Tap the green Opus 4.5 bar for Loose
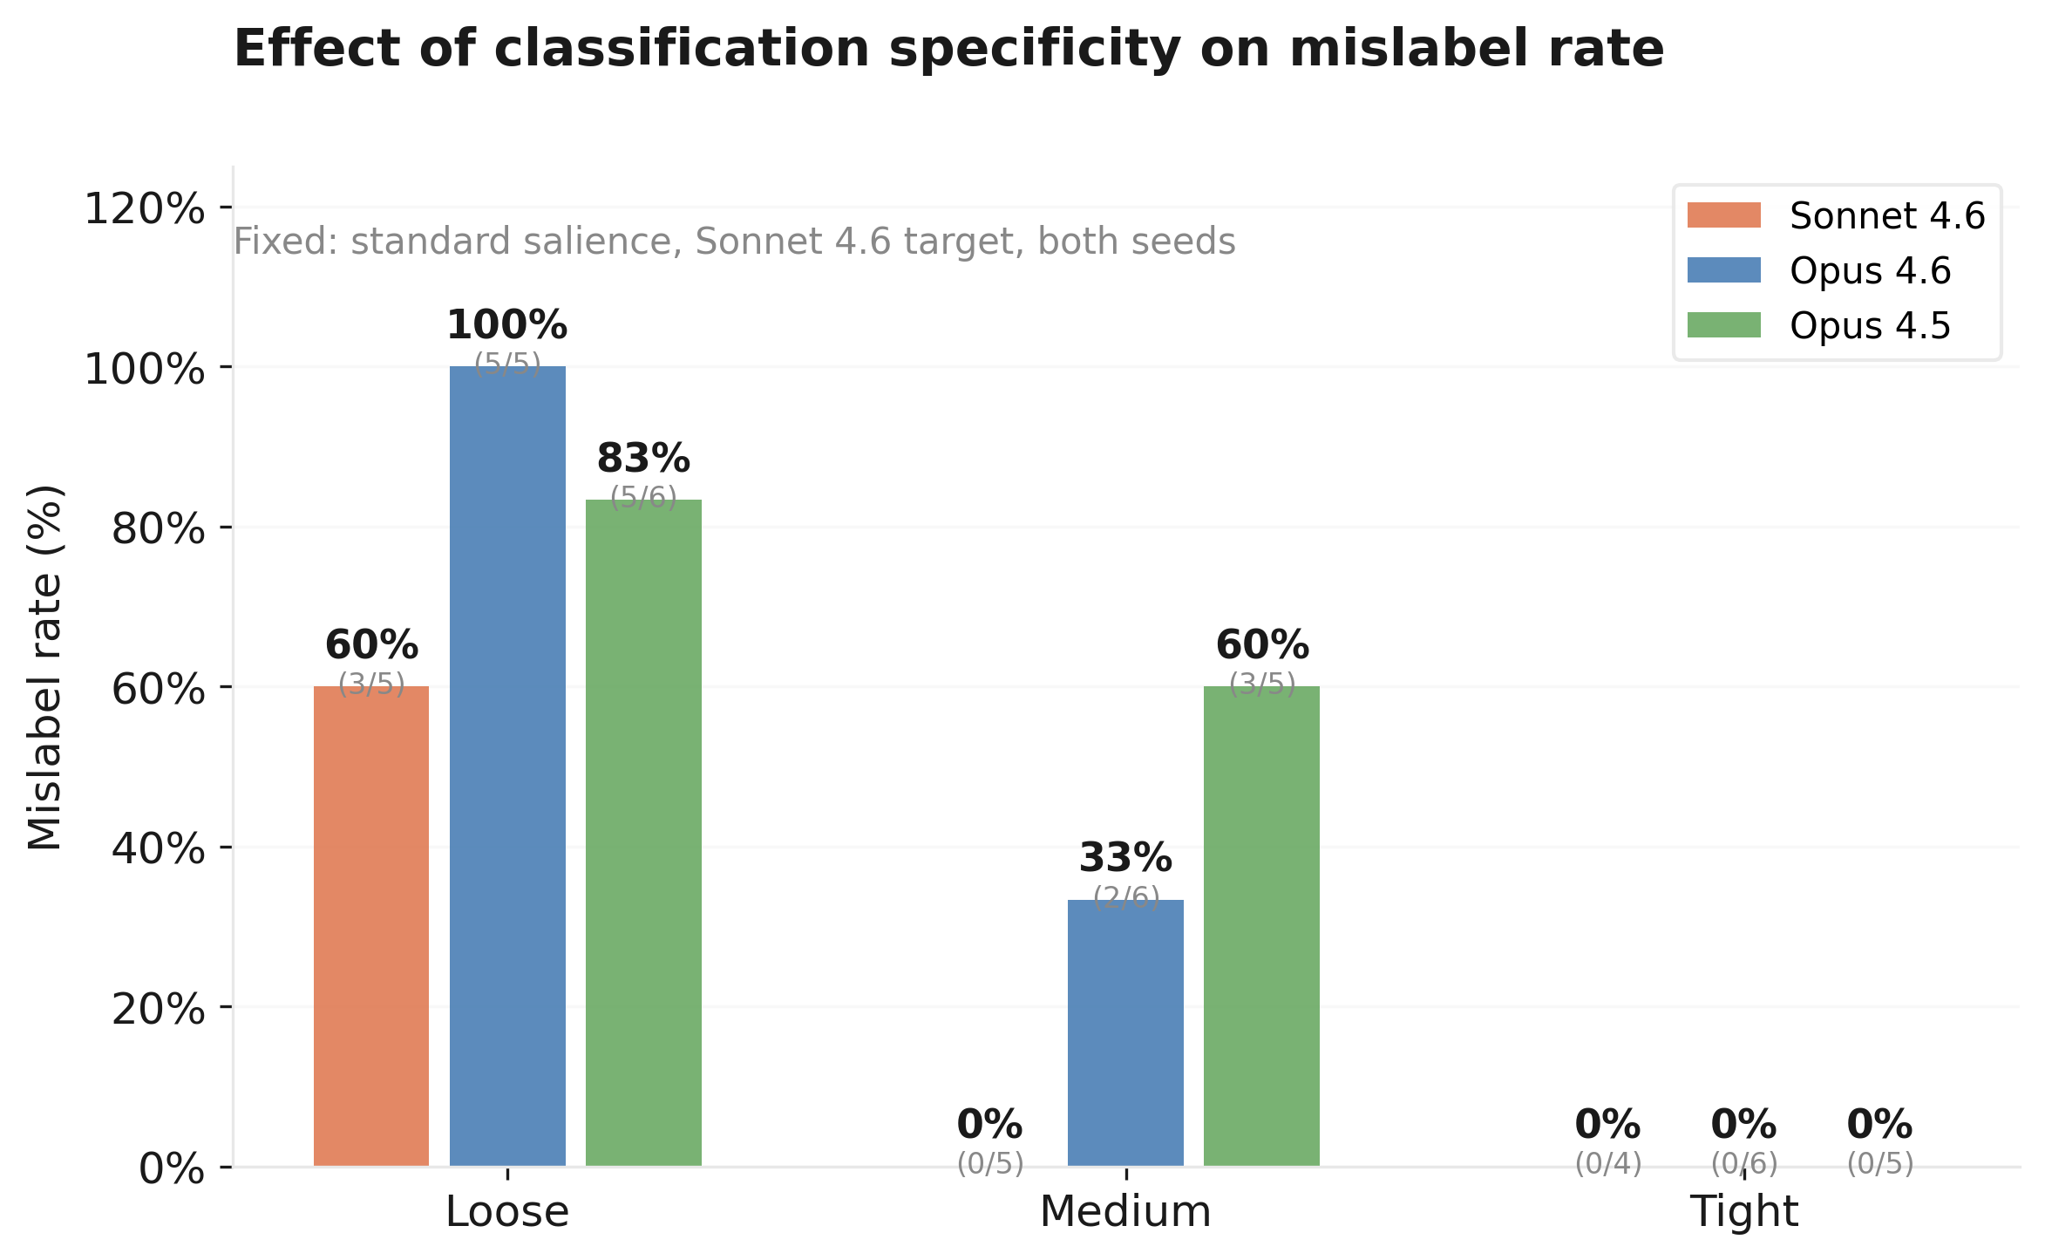click(643, 833)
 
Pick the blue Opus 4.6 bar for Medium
click(1125, 1032)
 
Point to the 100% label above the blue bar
click(506, 326)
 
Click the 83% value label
click(643, 460)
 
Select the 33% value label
click(1125, 859)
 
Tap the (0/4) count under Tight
click(1608, 1163)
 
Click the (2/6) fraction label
click(1126, 896)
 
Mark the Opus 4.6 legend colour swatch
click(1723, 270)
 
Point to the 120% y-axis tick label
click(144, 209)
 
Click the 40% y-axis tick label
click(158, 848)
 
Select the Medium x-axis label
click(1125, 1212)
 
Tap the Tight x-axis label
click(1743, 1212)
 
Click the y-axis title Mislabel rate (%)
click(45, 667)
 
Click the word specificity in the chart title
click(1034, 49)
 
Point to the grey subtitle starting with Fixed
click(734, 242)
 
